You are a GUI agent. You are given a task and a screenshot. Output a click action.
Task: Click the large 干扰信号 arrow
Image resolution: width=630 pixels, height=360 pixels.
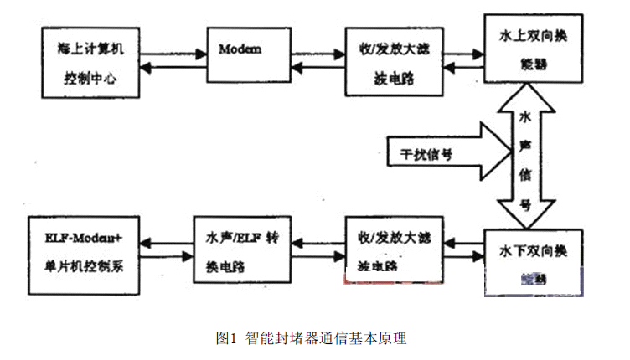coord(444,153)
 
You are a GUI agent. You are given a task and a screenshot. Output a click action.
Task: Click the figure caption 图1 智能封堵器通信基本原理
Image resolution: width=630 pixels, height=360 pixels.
coord(311,339)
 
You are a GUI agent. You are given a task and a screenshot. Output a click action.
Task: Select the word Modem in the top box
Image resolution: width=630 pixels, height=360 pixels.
coord(240,49)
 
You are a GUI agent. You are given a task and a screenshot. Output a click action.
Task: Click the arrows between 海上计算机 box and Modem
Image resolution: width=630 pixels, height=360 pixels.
coord(171,60)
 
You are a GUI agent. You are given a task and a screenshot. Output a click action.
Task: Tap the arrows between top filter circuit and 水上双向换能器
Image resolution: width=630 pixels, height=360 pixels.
coord(460,60)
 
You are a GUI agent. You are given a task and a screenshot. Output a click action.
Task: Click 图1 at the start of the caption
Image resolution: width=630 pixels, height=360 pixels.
coord(225,339)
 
